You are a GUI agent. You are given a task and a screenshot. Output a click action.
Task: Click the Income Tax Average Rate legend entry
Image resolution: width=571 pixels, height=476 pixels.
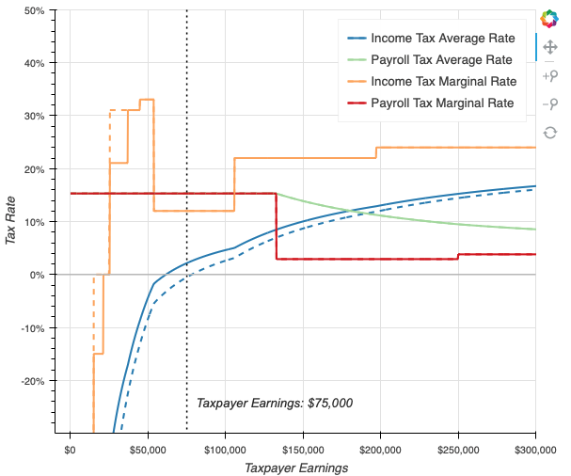coord(442,39)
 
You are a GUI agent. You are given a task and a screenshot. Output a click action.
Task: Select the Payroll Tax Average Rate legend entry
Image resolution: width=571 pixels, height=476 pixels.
coord(443,60)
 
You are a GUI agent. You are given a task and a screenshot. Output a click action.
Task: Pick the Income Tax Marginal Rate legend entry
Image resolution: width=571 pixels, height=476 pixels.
coord(443,82)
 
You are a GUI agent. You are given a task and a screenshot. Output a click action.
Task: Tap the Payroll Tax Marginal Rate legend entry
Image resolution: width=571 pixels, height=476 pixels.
coord(443,103)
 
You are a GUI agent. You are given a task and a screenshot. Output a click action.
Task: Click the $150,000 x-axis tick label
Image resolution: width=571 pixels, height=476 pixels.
coord(302,449)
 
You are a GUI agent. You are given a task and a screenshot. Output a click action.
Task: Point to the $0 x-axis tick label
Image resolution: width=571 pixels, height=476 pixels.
coord(70,449)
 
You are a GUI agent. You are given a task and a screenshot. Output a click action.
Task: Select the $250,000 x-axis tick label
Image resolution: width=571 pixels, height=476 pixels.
coord(457,449)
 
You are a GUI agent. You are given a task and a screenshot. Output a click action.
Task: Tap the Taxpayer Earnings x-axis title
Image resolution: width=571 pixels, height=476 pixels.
coord(296,467)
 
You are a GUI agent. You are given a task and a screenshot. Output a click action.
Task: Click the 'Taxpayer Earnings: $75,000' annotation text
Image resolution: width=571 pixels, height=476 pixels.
coord(275,403)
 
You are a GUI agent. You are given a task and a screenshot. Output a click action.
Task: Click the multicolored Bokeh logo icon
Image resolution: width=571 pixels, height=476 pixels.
coord(549,19)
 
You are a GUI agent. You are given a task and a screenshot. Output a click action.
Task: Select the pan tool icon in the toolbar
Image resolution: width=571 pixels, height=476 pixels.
coord(549,45)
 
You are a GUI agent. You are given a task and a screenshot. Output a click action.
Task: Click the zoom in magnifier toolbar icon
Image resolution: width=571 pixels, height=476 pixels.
coord(549,74)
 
